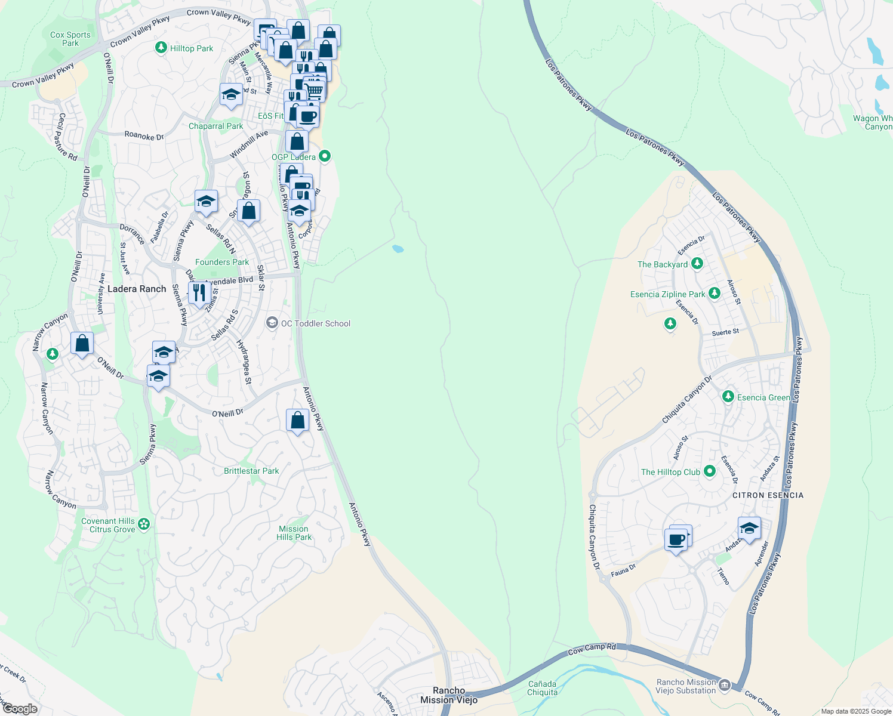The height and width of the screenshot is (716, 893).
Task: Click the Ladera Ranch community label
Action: point(137,289)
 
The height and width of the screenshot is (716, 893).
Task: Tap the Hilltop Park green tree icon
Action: point(161,48)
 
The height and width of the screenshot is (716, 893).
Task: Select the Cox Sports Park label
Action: point(70,39)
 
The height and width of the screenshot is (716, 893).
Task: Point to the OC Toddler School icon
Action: point(272,323)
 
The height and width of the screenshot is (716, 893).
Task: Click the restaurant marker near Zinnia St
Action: point(199,292)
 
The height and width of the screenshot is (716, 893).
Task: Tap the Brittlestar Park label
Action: point(251,471)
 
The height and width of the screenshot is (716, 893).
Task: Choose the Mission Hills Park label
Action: point(294,533)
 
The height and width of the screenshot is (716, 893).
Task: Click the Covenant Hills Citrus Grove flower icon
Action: point(144,524)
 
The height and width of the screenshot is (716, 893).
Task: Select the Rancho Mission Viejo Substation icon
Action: point(725,684)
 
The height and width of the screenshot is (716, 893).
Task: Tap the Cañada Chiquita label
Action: point(543,688)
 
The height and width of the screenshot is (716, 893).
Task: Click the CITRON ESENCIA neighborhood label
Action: point(768,495)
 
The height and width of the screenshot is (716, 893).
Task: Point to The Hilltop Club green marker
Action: point(710,471)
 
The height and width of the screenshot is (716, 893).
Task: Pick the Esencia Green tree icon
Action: point(728,397)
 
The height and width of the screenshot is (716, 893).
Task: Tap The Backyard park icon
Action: point(697,264)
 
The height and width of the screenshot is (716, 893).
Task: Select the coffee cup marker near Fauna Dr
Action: point(676,540)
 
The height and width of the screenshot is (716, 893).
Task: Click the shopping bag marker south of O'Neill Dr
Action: point(297,420)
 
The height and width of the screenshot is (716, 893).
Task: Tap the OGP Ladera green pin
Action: point(325,156)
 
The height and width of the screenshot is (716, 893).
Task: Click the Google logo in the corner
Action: point(19,709)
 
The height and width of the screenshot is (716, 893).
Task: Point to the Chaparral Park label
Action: point(215,126)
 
